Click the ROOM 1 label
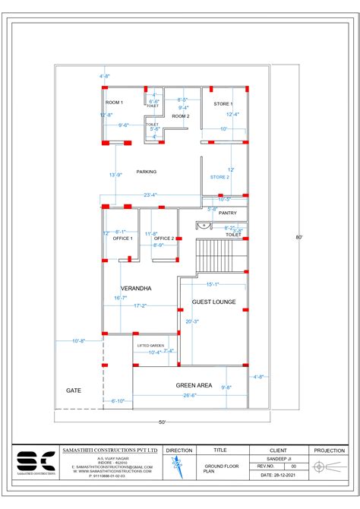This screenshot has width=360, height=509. [114, 102]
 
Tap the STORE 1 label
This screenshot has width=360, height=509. [223, 103]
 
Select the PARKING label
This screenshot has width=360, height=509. [147, 172]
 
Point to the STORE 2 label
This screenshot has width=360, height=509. [219, 177]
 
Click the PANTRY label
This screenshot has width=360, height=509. [228, 213]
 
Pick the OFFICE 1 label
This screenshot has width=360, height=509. [123, 239]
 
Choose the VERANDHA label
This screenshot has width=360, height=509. [136, 289]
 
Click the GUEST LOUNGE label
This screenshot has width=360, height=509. [213, 302]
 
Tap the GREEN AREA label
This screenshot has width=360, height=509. [193, 385]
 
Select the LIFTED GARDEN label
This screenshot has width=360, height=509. [150, 346]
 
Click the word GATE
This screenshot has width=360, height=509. [74, 390]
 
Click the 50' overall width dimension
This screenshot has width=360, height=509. [162, 422]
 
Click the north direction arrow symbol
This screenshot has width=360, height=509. [179, 466]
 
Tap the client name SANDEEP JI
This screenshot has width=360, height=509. [279, 458]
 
